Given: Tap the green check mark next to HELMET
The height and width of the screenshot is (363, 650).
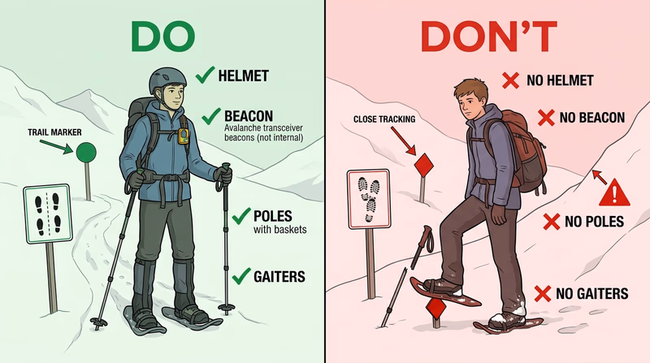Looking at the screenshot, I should pos(204,77).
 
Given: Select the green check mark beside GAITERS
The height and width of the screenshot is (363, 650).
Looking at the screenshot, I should pos(241,276).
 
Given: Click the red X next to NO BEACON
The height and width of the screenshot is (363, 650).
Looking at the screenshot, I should pos(544,119).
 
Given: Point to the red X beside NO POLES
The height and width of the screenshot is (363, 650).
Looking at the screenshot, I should pos(551,221).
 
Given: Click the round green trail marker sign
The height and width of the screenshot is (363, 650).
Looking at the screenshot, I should pos(86,150).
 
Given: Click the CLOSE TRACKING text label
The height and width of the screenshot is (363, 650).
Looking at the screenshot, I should pos(384,119).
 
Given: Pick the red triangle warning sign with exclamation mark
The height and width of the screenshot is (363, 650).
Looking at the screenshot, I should pos(615,193).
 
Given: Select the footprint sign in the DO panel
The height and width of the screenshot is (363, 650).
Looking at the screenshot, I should pos(44,214).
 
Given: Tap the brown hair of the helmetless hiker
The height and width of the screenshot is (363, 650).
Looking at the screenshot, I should pos(469,88).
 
